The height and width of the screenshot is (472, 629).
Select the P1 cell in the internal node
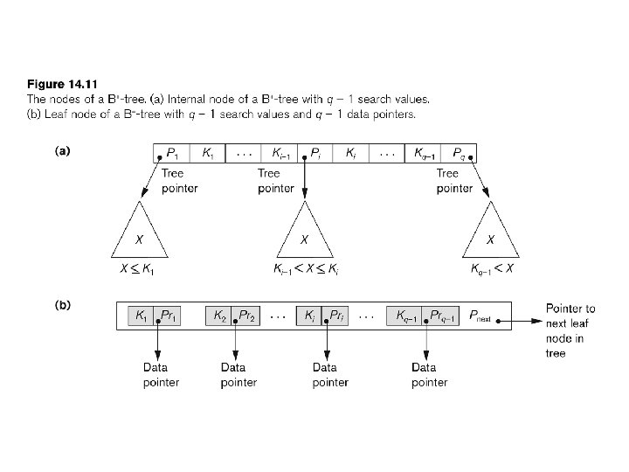173,154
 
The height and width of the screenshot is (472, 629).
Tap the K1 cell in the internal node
207,154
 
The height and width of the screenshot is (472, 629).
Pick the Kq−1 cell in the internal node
425,154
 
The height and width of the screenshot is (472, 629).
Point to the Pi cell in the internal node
315,154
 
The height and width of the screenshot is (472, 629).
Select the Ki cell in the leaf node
309,316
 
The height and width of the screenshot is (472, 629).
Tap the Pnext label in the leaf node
480,316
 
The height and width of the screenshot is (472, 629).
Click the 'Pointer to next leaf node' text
570,330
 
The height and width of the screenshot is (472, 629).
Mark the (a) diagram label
62,151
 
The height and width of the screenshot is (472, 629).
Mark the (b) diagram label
62,306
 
